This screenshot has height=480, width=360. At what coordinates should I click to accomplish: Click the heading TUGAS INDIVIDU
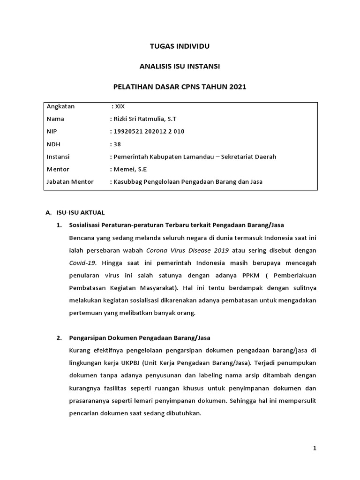tap(180, 46)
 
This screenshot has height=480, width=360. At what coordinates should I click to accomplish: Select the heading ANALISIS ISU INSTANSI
tap(180, 67)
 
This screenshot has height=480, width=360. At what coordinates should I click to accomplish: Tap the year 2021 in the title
tap(238, 87)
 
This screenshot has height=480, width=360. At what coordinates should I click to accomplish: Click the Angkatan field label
tap(61, 106)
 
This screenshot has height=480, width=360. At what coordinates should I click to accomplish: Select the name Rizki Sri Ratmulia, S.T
tap(145, 119)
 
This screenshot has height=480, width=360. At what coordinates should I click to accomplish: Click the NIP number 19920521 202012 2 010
tap(149, 132)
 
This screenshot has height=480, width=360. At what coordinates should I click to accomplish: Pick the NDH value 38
tap(117, 144)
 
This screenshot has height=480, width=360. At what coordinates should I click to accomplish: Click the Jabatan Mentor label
tap(70, 182)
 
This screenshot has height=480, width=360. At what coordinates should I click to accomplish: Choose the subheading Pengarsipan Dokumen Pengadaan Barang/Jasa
tap(140, 337)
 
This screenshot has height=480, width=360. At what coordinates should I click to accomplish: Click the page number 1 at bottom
tap(315, 449)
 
